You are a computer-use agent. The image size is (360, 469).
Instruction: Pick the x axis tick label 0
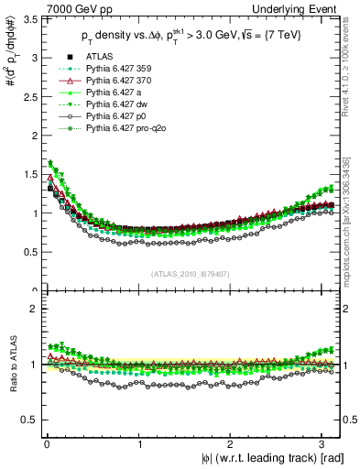(x=47, y=443)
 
